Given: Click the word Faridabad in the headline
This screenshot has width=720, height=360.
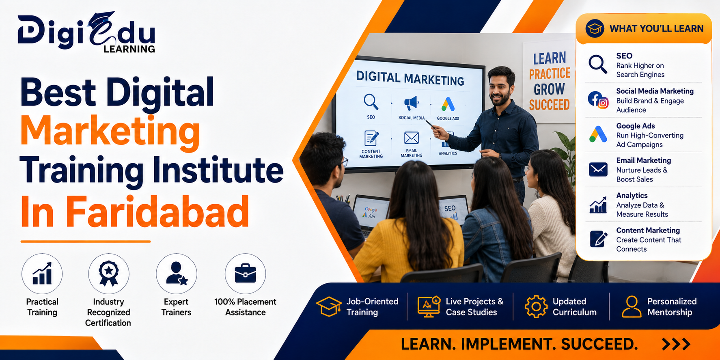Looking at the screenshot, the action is coord(157,211).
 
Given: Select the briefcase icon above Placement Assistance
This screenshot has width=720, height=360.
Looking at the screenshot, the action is coord(245,274).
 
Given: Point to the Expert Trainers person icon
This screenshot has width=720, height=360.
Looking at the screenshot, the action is coord(177,273).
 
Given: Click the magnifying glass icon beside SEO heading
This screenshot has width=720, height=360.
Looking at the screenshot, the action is coord(598,64).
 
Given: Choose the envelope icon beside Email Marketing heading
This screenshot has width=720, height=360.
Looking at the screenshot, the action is coord(598,169).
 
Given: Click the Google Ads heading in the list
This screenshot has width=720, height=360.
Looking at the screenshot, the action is coord(636,126).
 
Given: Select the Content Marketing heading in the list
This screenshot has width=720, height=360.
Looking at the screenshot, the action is coord(648,230).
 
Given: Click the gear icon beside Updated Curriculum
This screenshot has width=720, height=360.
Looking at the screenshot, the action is coord(536,306).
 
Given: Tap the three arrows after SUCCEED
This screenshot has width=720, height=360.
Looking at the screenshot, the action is coord(676,344).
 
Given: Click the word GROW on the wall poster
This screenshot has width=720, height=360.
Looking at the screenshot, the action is coord(549,89).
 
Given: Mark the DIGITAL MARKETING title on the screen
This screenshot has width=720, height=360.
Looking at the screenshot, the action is coord(410,78).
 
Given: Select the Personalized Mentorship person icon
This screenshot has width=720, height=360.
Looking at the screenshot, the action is coord(632,306).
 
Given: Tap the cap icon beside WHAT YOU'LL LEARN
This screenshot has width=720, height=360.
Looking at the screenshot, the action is coord(595,28).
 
